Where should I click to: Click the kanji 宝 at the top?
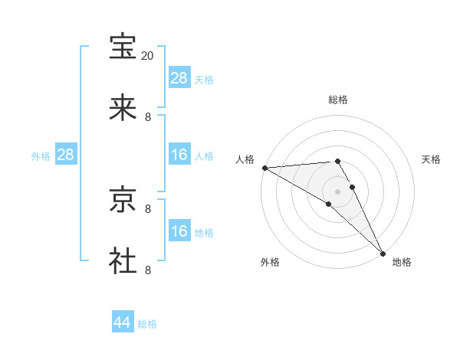(x=123, y=47)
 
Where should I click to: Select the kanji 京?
(x=123, y=200)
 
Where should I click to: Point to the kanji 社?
(x=123, y=261)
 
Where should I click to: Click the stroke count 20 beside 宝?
(x=148, y=56)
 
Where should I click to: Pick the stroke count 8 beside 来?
(x=148, y=117)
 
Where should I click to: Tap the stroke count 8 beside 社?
(x=148, y=270)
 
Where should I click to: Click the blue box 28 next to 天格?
(x=179, y=78)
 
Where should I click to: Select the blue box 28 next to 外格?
(x=66, y=155)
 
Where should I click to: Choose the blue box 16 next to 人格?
(x=179, y=155)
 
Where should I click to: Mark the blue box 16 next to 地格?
(x=179, y=231)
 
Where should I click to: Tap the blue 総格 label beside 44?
(x=147, y=324)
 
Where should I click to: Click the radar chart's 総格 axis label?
(x=338, y=100)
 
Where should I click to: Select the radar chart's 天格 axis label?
(x=431, y=159)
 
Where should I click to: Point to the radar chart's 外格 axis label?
(x=269, y=262)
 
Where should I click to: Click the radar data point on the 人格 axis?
(x=264, y=168)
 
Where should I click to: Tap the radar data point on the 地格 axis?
(x=383, y=253)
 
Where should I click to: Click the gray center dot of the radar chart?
(x=338, y=191)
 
